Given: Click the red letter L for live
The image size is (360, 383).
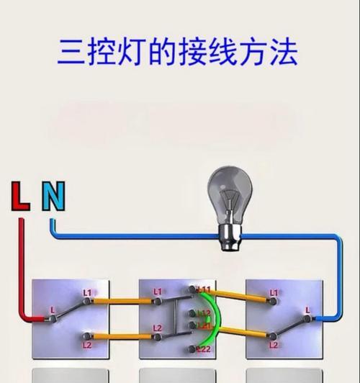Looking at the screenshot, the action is tap(20, 196).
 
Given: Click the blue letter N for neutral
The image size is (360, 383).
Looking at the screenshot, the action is tap(53, 196).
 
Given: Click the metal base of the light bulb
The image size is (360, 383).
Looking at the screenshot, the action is tap(230, 238).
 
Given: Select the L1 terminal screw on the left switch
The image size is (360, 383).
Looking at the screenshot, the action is tap(86, 301).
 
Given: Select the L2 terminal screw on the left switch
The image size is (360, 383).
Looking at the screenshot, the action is tap(86, 336).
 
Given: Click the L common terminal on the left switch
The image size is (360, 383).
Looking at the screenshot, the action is tap(53, 318).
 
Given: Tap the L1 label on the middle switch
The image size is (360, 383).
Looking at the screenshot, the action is tap(158, 292).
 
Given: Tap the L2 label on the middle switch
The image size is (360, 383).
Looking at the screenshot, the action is tap(158, 328).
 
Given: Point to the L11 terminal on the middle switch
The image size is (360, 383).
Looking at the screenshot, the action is tap(193, 289).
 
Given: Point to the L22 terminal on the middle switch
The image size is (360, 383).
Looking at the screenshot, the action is tap(193, 349).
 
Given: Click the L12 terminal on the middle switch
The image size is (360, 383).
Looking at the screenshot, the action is tap(193, 313).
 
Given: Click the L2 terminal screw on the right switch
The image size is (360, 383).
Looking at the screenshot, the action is tap(272, 337).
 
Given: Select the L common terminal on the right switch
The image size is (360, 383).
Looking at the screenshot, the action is tap(307, 319).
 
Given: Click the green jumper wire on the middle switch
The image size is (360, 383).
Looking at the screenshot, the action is tap(219, 317).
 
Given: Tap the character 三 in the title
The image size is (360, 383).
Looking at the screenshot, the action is tap(71, 52).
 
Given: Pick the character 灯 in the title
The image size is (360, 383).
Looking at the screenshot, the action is tap(131, 52).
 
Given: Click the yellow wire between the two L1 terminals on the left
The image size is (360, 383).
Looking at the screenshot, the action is tap(123, 301).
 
